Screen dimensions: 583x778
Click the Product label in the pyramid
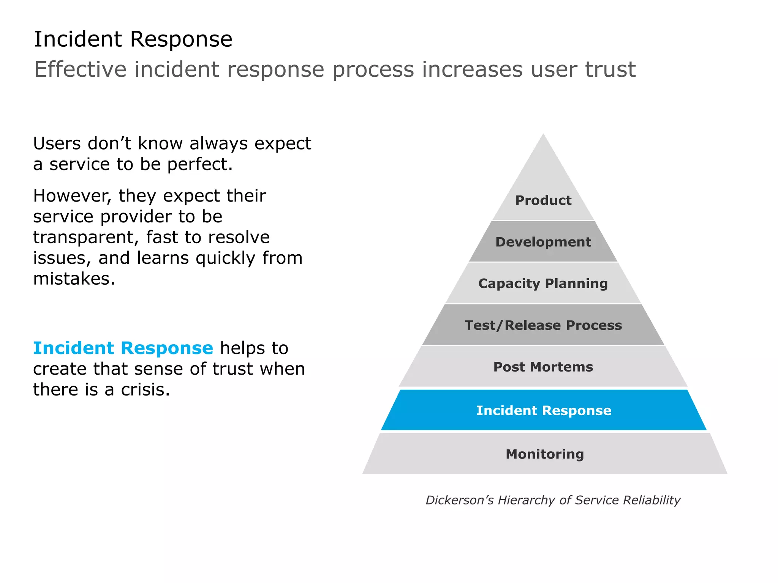coord(543,200)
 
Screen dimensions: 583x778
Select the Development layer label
coord(543,242)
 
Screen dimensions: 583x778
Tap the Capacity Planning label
coord(543,284)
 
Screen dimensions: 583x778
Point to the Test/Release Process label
coord(543,325)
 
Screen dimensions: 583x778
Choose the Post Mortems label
coord(543,367)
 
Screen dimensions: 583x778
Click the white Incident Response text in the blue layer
coord(544,410)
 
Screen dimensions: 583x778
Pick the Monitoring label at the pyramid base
coord(544,454)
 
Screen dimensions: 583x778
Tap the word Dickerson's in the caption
coord(459,500)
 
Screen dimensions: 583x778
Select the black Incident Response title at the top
coord(133,39)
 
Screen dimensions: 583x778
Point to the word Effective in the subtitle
coord(80,69)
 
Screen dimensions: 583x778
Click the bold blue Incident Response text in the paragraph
coord(123,348)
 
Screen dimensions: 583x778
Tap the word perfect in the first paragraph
coord(199,165)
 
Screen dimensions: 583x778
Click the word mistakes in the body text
coord(74,279)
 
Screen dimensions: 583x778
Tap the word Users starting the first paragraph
coord(57,144)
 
